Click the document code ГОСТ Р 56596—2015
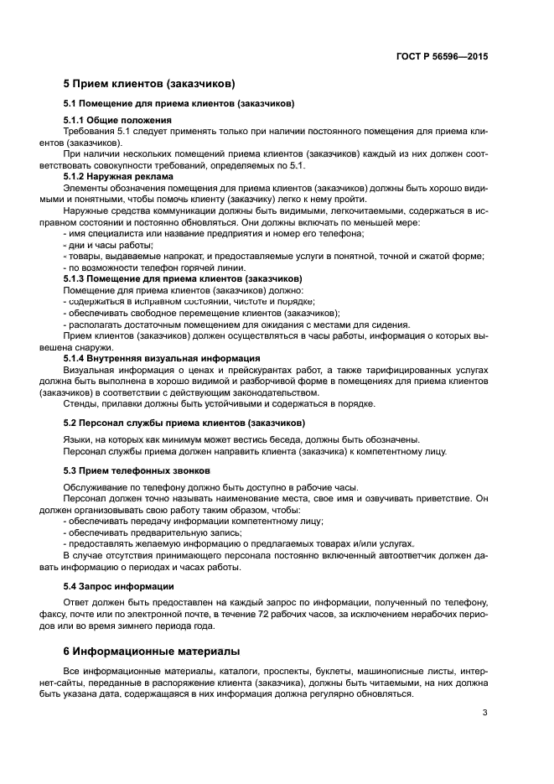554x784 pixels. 442,57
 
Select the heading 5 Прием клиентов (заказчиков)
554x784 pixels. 149,85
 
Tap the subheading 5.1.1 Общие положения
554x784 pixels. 117,120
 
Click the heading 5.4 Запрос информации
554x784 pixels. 118,585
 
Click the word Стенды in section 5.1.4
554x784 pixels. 80,403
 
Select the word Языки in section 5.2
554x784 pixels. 80,439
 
